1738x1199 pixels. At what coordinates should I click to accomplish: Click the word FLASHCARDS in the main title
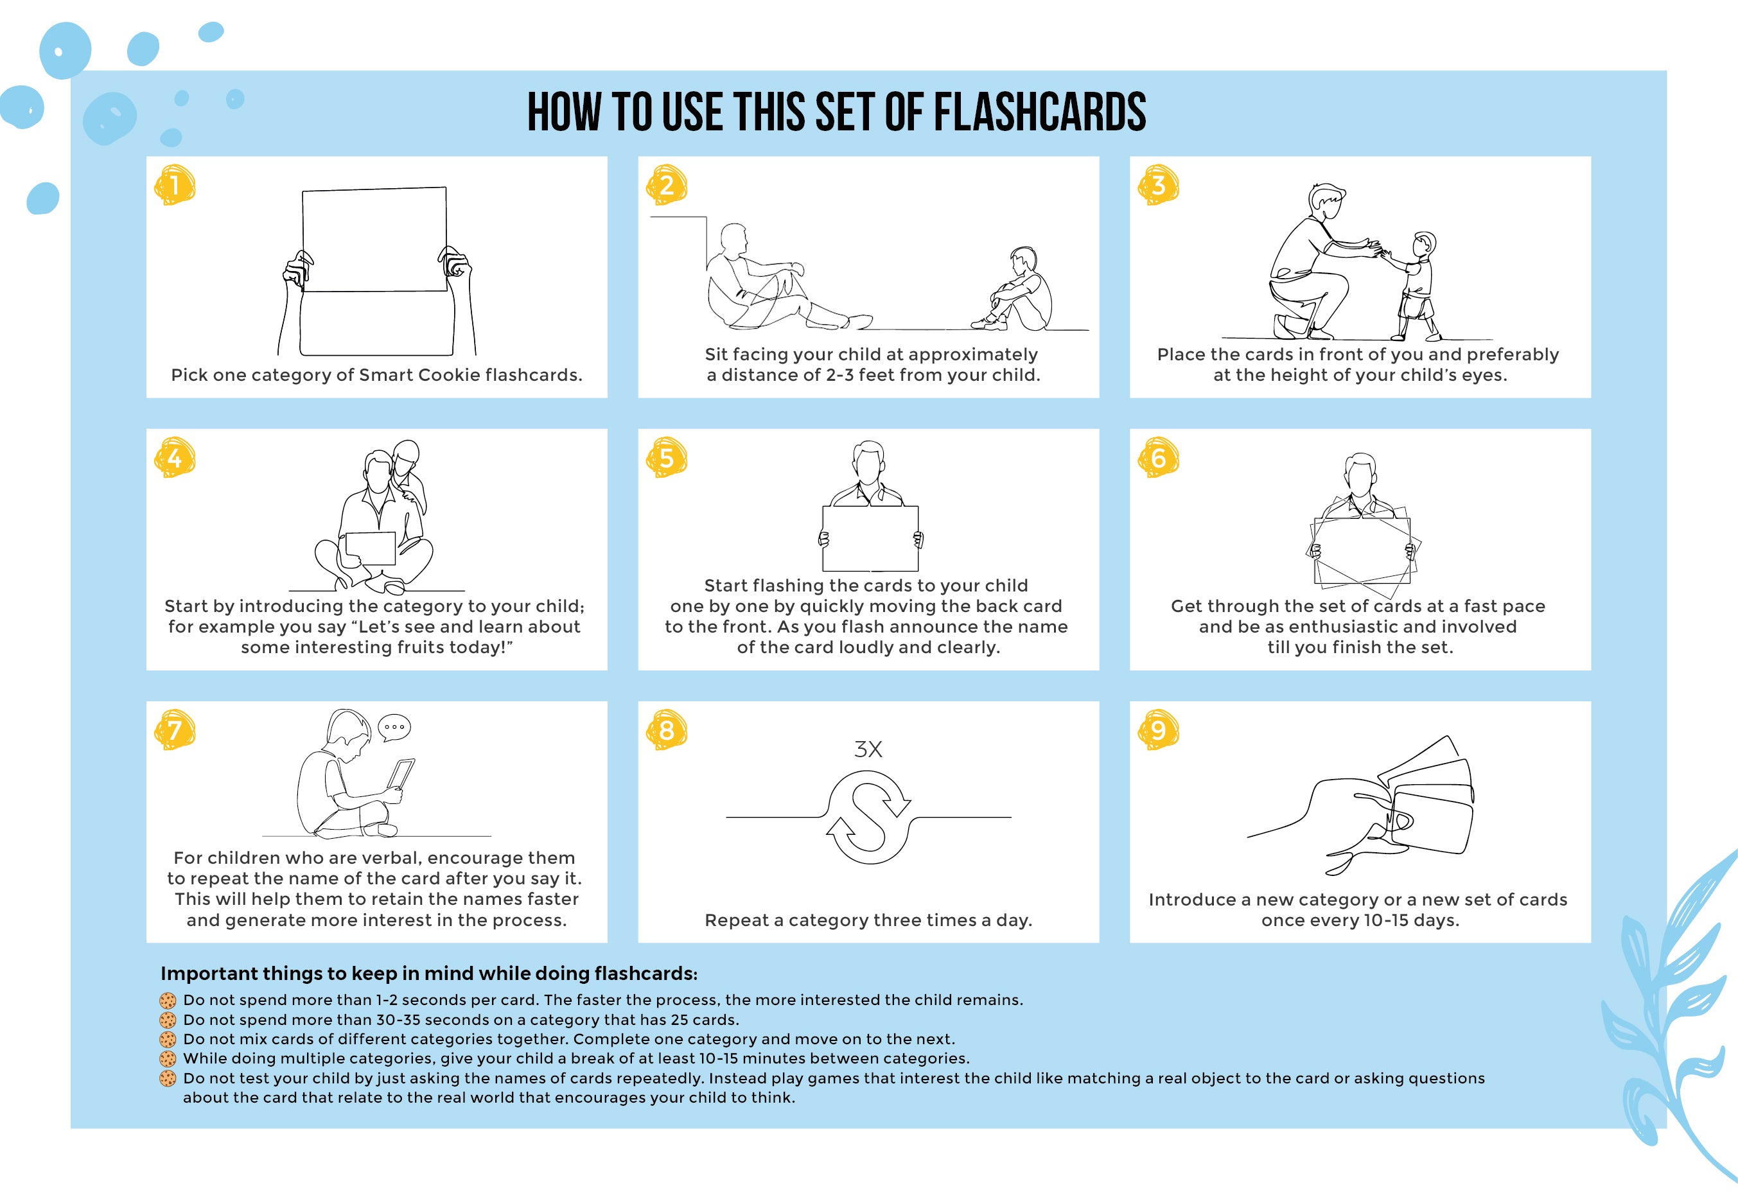1039,112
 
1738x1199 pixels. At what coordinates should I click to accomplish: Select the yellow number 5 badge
667,457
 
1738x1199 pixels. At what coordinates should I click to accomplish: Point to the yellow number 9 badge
1158,730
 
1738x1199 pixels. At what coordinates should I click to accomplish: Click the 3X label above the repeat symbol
868,749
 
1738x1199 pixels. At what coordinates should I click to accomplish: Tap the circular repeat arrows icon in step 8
868,817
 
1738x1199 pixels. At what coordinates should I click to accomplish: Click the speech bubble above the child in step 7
394,727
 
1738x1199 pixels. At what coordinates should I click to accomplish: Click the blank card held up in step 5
870,539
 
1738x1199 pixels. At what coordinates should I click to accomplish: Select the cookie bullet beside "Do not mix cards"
168,1040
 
